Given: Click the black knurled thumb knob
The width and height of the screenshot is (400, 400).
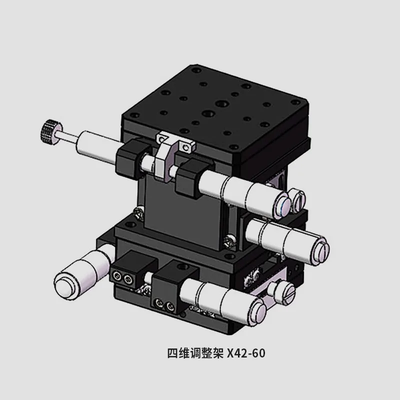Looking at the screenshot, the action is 48,131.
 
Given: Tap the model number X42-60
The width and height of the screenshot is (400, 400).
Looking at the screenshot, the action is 246,353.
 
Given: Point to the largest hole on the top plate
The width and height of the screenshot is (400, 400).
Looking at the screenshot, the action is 221,104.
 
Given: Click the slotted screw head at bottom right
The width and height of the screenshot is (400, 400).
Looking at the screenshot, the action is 287,292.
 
